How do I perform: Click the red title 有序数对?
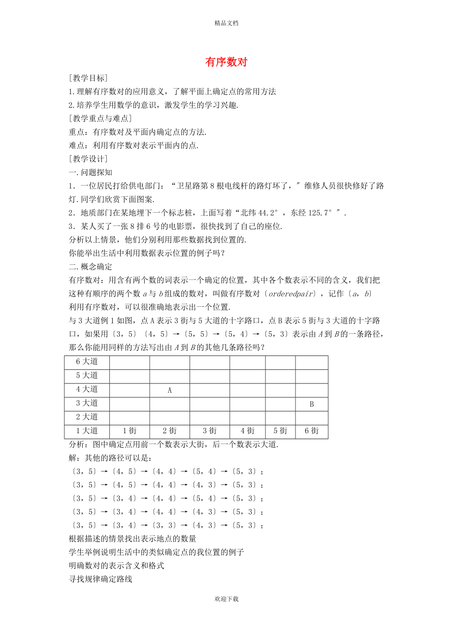(x=226, y=62)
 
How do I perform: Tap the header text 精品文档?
(x=226, y=23)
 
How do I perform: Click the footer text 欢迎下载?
(x=226, y=599)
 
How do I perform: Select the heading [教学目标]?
(x=88, y=78)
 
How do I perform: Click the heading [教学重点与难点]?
(x=100, y=119)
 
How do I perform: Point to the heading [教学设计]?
(x=88, y=159)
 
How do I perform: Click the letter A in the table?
(x=169, y=390)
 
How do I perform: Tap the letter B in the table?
(x=311, y=404)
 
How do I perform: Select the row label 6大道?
(x=87, y=362)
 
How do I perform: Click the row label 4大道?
(x=87, y=389)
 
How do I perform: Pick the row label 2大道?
(x=87, y=417)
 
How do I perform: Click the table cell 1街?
(x=129, y=431)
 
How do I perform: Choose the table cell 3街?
(x=209, y=431)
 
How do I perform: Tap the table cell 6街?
(x=311, y=431)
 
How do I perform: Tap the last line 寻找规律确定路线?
(x=100, y=579)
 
